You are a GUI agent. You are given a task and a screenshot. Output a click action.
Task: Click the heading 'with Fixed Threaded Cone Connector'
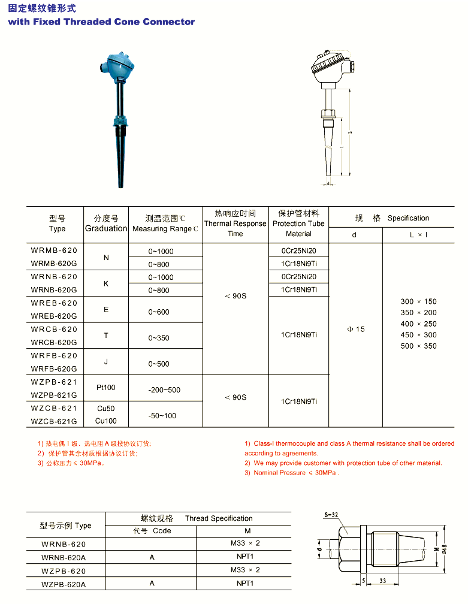tap(101, 22)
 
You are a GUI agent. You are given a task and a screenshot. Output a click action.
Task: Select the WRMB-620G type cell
tap(54, 264)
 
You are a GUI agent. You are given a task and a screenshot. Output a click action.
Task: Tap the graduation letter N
tap(106, 258)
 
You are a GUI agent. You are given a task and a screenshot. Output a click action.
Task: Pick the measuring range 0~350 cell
tap(159, 338)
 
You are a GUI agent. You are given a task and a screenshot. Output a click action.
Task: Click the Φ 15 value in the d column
tap(355, 330)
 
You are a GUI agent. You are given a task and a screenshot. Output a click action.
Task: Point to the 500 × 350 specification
tap(418, 346)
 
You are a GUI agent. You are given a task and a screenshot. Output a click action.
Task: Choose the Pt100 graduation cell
tap(105, 388)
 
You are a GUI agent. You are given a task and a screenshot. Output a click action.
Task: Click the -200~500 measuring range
tap(164, 390)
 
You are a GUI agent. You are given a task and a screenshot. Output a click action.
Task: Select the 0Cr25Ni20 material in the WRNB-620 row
tap(298, 277)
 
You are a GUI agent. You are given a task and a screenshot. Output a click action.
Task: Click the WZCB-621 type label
tap(54, 408)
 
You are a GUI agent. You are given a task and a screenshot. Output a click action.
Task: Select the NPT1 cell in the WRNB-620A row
tap(245, 557)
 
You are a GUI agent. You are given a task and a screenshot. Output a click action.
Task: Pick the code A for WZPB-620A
tap(152, 584)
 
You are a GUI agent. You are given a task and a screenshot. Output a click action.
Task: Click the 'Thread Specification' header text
tap(219, 518)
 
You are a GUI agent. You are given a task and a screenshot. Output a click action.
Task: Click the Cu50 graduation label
tap(105, 409)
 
